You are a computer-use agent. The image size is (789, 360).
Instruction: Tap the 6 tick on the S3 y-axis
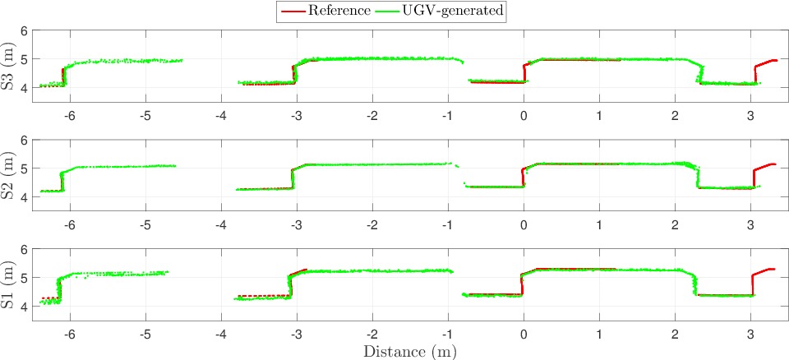tap(25, 31)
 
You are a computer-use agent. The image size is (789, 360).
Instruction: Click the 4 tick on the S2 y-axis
tap(25, 197)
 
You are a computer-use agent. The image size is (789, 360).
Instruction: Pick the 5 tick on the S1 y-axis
tap(25, 278)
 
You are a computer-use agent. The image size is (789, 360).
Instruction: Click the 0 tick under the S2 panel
tap(524, 224)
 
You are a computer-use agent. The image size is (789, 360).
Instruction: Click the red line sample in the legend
tap(293, 11)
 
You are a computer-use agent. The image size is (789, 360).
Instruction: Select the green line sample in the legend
tap(385, 11)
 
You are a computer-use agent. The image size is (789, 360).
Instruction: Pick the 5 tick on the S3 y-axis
tap(25, 59)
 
